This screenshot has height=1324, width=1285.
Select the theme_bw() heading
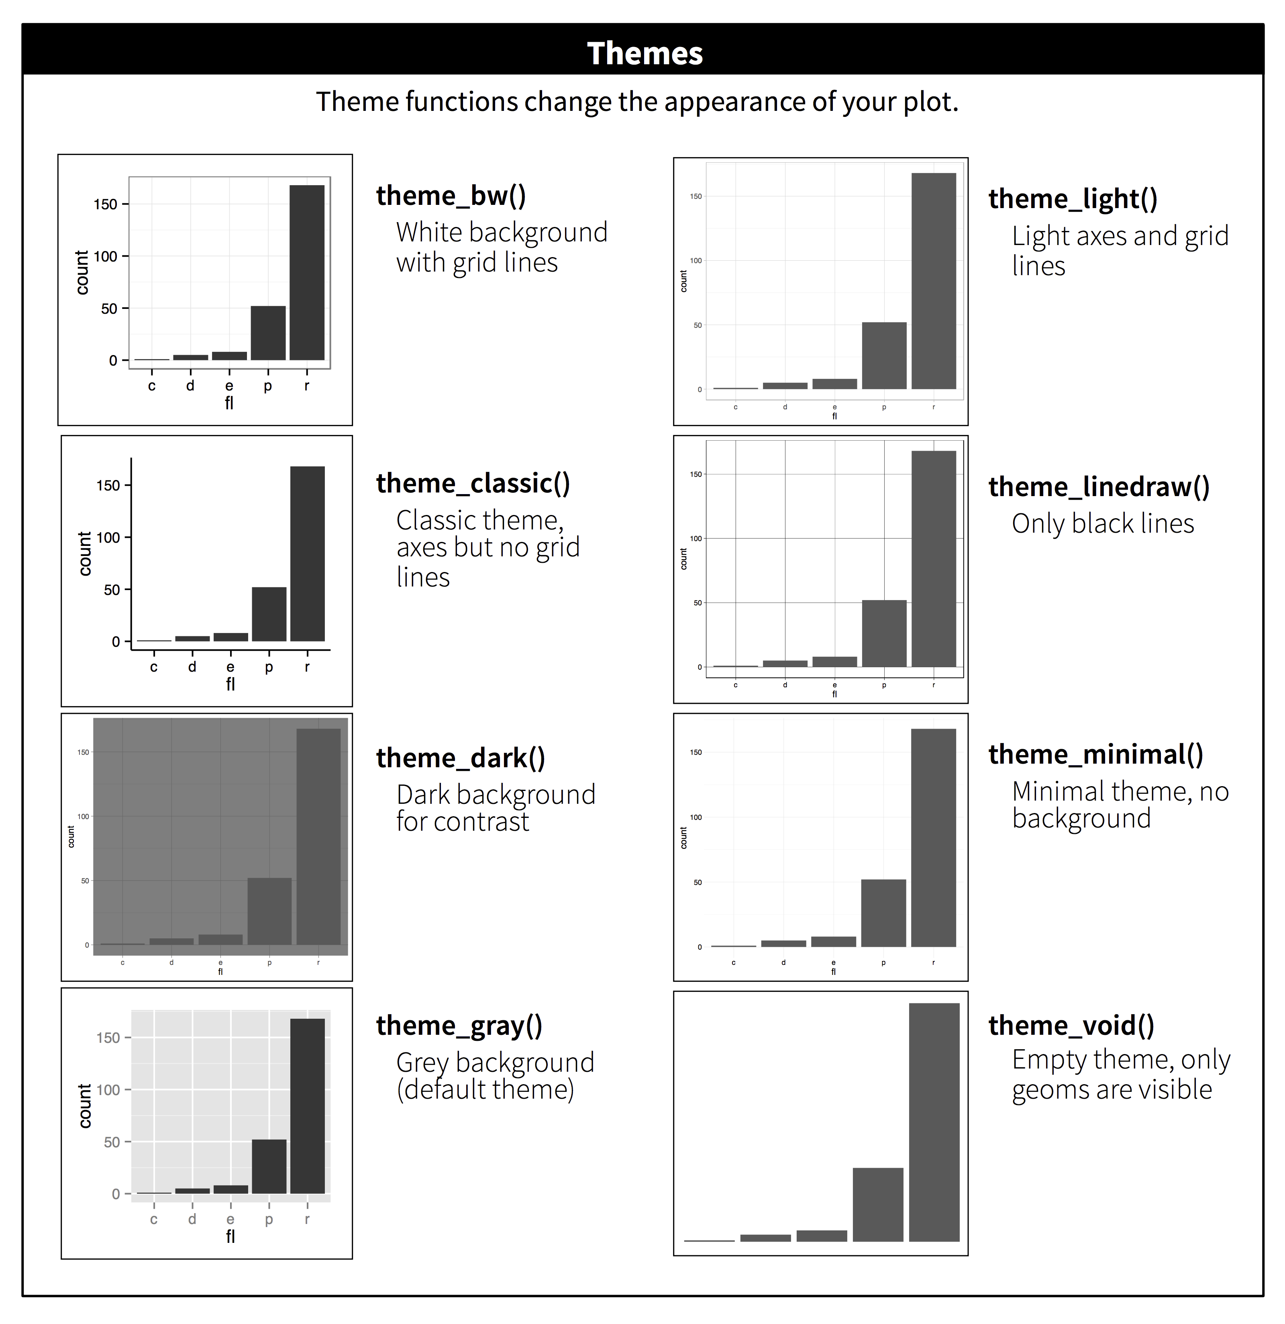[451, 196]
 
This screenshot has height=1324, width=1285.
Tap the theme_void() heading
[1071, 1026]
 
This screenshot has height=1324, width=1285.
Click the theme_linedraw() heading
[1099, 487]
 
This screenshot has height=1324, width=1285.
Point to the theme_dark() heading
[461, 758]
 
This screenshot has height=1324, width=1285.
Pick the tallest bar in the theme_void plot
[934, 1122]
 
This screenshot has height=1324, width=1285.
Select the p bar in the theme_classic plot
[269, 614]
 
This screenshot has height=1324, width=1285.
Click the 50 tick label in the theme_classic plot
[111, 590]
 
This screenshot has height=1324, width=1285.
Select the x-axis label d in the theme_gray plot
[192, 1219]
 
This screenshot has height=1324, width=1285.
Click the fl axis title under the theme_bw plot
[229, 403]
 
